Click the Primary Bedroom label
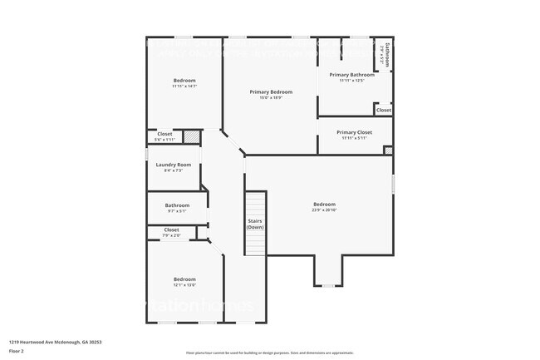coord(271,91)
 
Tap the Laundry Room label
coord(174,165)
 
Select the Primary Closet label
coord(354,132)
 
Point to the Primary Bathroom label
coord(356,75)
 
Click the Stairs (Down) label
coord(256,224)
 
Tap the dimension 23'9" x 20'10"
coord(324,210)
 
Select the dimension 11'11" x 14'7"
coord(184,86)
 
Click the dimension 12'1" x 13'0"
coord(184,284)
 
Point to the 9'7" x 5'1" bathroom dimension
coord(177,211)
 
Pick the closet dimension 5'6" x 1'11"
coord(164,140)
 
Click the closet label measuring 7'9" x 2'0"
coord(171,229)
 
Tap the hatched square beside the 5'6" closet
coord(191,136)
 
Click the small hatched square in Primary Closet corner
coord(388,150)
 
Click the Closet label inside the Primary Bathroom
coord(383,110)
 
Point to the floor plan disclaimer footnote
coord(270,353)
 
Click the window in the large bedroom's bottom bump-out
coord(329,285)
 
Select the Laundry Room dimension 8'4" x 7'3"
coord(174,170)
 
